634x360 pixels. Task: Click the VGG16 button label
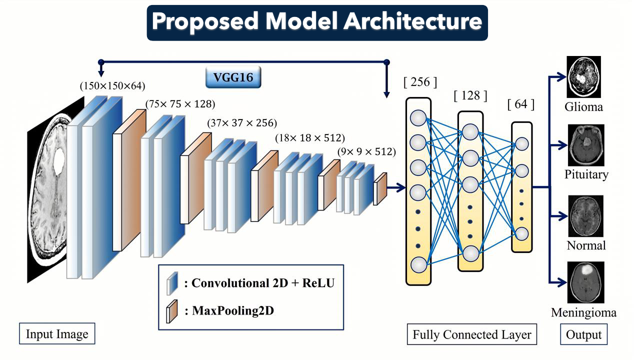[x=233, y=77]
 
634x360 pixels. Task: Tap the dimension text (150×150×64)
[x=112, y=86]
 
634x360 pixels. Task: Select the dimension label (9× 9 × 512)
[x=367, y=151]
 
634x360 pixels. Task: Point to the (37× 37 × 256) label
[x=242, y=122]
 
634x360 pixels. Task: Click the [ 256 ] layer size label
[x=420, y=81]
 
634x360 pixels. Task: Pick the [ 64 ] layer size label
[x=520, y=104]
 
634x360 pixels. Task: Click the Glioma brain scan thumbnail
[x=583, y=76]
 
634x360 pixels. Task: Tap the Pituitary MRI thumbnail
[x=586, y=145]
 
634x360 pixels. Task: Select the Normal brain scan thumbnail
[x=585, y=216]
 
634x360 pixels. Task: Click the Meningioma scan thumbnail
[x=585, y=281]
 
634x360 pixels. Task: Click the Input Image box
[x=57, y=334]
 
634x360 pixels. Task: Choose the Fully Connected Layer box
[x=471, y=334]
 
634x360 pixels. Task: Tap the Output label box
[x=583, y=334]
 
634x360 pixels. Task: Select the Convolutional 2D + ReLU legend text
[x=262, y=283]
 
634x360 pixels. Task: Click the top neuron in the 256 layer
[x=418, y=118]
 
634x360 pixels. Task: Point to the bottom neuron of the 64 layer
[x=521, y=233]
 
